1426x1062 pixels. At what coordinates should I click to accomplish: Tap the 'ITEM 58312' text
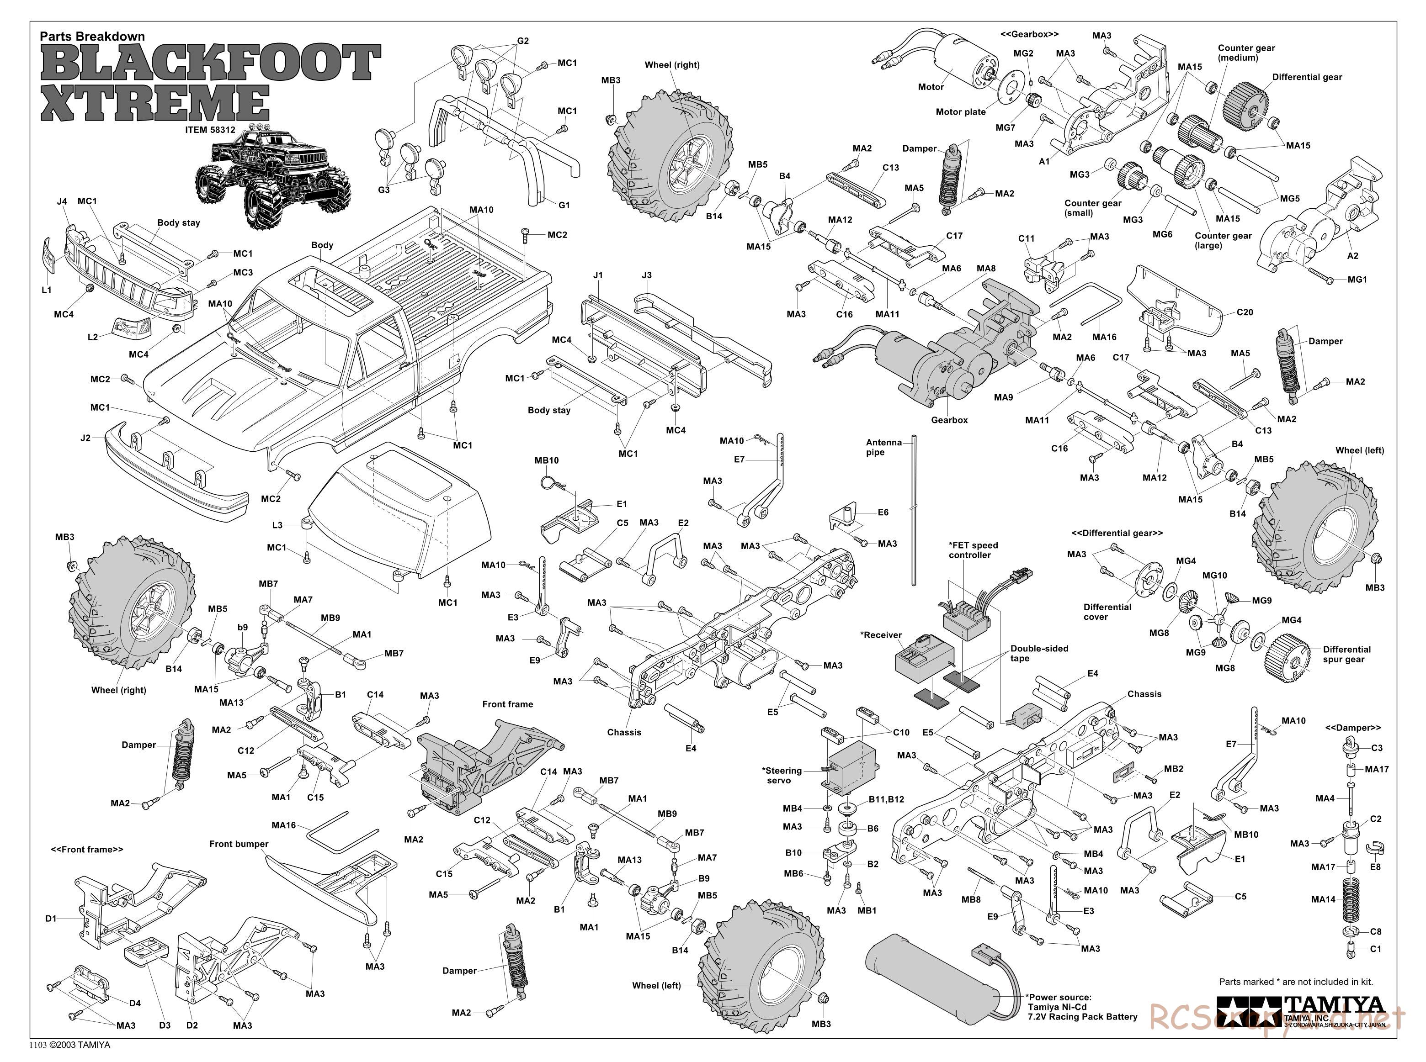(210, 129)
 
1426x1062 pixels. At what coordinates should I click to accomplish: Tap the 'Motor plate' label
(960, 112)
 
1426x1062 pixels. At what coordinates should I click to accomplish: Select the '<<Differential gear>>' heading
(1117, 533)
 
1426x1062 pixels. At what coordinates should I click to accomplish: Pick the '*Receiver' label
(881, 634)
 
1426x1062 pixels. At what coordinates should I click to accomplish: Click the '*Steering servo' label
(782, 775)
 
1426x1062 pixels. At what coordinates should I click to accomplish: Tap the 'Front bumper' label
(239, 844)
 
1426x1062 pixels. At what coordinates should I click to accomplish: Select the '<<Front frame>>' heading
(87, 849)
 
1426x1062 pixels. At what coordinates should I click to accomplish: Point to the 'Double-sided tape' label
(1039, 653)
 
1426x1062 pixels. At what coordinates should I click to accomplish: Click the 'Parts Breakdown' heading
(92, 37)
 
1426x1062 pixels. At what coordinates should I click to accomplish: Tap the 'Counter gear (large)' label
(1223, 240)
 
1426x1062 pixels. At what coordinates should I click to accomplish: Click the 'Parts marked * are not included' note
(1295, 982)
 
